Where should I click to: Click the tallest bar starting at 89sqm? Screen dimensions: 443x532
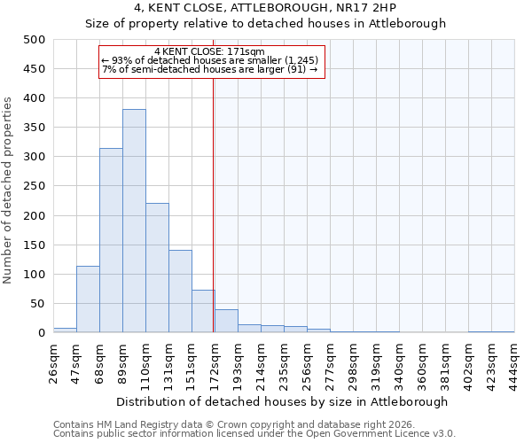pyautogui.click(x=134, y=221)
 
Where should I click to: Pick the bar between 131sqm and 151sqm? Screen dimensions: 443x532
pyautogui.click(x=180, y=291)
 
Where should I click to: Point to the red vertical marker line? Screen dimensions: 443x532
pyautogui.click(x=214, y=204)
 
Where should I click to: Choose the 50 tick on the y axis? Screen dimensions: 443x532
pyautogui.click(x=38, y=304)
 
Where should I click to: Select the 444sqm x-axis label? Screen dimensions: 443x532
pyautogui.click(x=514, y=363)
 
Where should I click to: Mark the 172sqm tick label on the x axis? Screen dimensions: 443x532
pyautogui.click(x=215, y=363)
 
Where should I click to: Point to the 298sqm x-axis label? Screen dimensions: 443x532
pyautogui.click(x=354, y=363)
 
